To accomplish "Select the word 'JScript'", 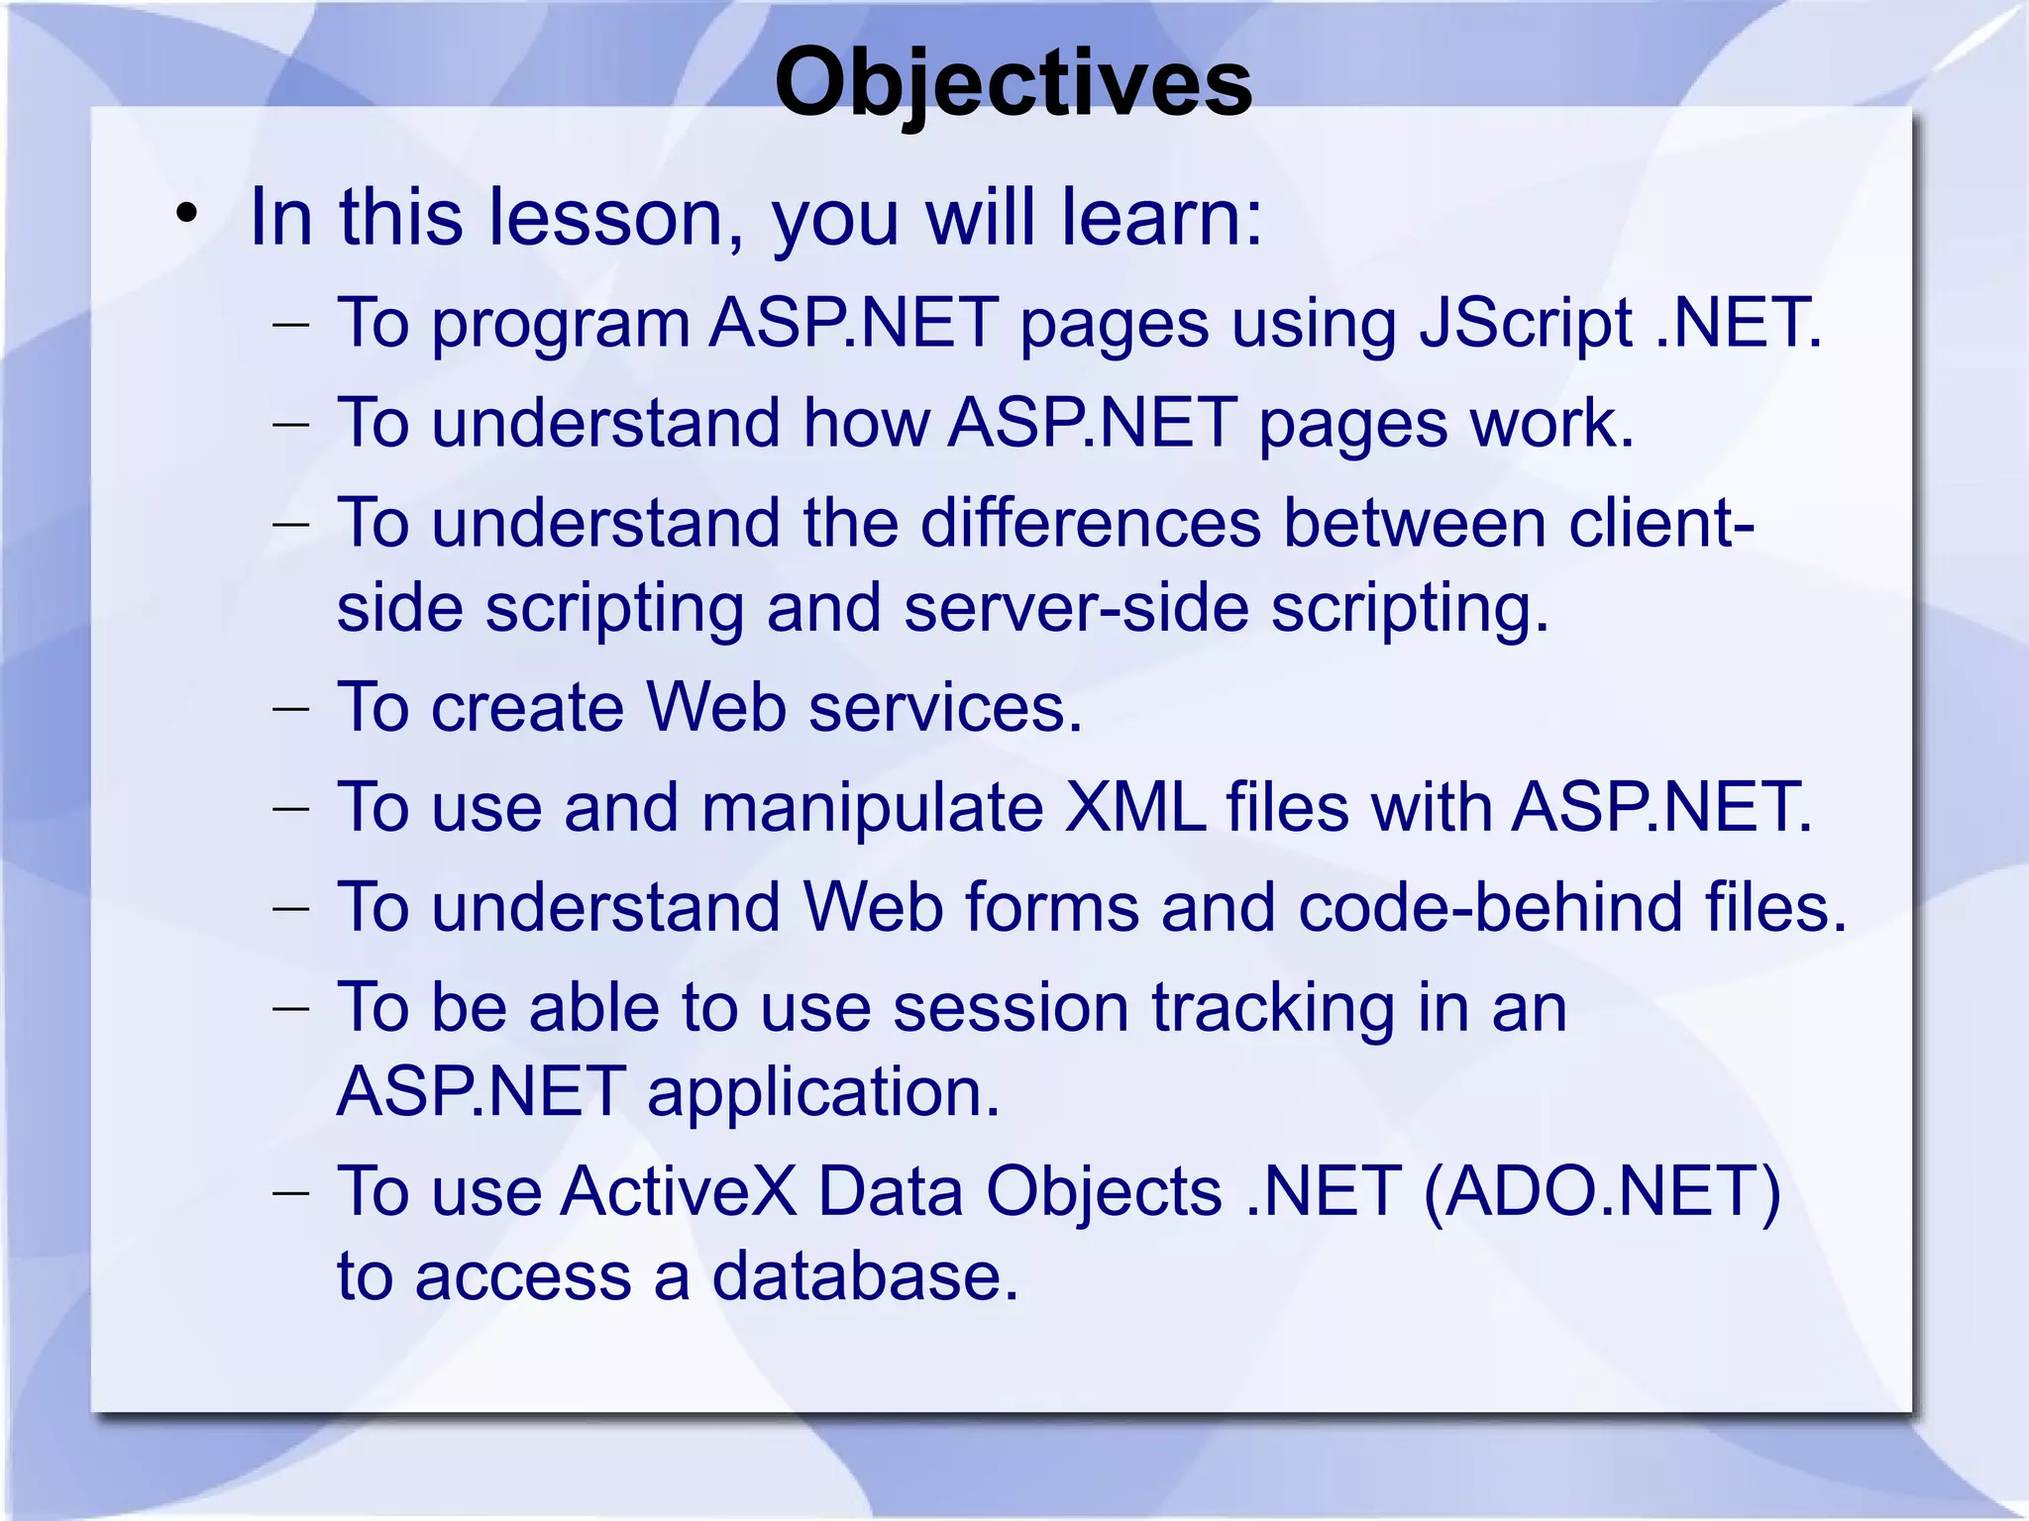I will [1526, 325].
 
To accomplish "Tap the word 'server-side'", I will [1076, 608].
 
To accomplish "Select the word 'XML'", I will [1134, 807].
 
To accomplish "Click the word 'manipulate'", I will [872, 808].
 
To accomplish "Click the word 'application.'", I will [823, 1093].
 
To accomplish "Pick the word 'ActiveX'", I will [679, 1191].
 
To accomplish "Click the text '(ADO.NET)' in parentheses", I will [1602, 1192].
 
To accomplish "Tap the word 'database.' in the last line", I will [865, 1276].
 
